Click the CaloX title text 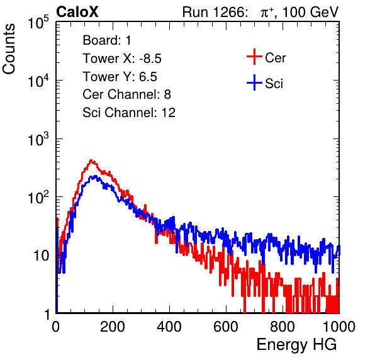pos(77,12)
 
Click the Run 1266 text pos(215,12)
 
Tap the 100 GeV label pos(311,12)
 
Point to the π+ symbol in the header pos(267,12)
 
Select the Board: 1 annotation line pos(107,40)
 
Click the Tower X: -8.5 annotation pos(122,59)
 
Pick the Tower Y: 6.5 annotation pos(120,77)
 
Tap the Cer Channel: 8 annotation pos(126,94)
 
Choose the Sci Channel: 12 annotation pos(129,112)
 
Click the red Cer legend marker pos(254,57)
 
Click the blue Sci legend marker pos(254,83)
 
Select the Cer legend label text pos(276,58)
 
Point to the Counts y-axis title pos(9,49)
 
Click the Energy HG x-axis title pos(296,345)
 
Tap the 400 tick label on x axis pos(169,327)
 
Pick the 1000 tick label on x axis pos(339,327)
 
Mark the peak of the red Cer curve pos(91,160)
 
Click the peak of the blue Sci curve pos(95,176)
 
